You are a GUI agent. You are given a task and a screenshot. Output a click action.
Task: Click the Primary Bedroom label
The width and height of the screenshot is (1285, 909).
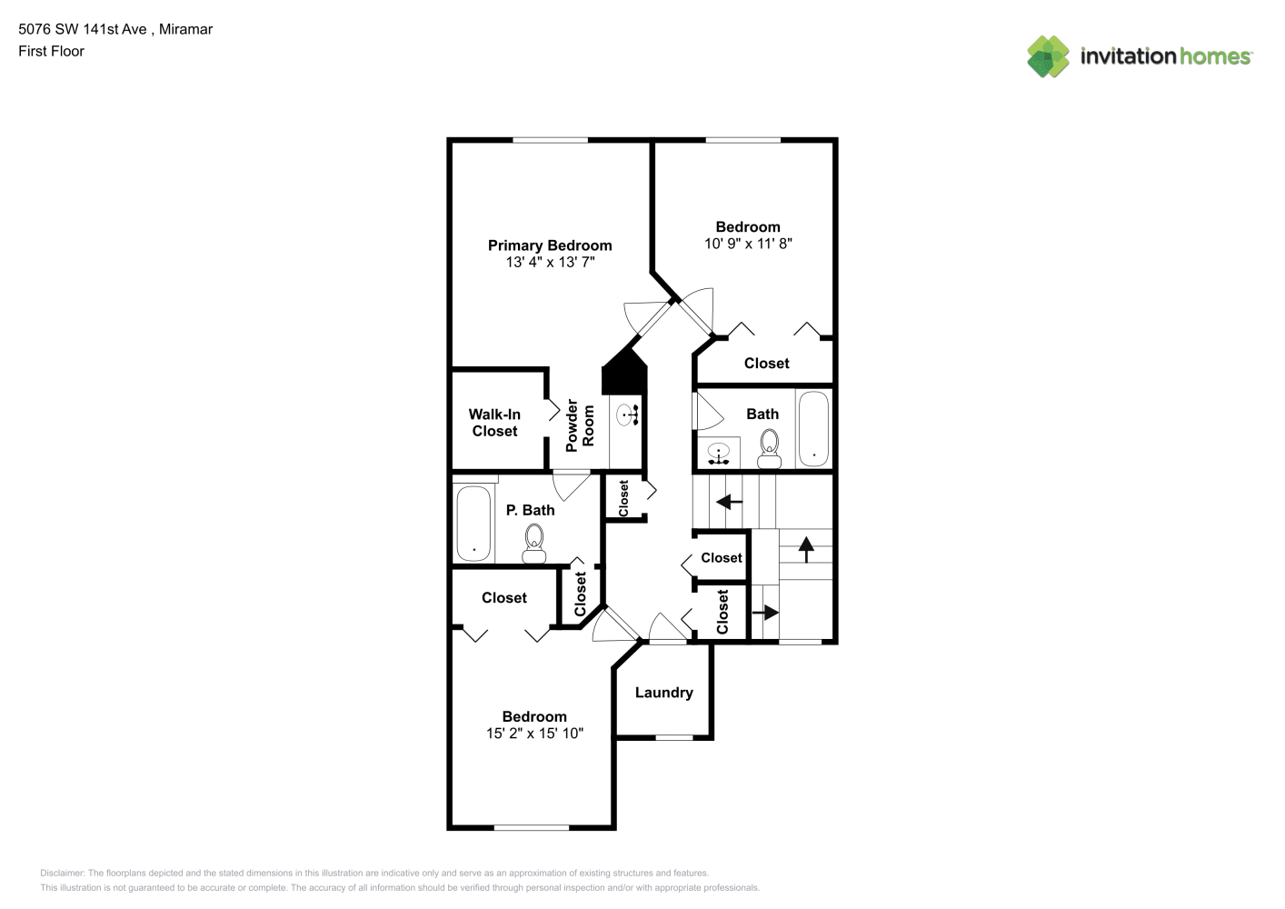pos(550,245)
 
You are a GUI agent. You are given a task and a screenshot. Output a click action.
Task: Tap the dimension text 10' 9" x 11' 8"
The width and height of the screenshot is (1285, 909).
pos(748,244)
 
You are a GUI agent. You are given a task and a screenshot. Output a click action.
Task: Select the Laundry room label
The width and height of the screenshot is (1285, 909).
pos(663,693)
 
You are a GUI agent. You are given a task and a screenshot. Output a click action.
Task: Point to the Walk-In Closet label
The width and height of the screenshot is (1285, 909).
pos(494,423)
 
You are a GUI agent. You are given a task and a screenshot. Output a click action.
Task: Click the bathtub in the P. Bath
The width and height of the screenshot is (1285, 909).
pos(473,524)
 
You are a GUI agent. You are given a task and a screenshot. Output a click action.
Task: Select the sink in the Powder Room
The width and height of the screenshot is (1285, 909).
pos(628,415)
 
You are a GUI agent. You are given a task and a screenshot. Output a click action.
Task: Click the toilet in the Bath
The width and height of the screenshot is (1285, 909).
pos(770,449)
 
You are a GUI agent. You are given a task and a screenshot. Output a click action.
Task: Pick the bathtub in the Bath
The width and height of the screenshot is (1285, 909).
pos(813,428)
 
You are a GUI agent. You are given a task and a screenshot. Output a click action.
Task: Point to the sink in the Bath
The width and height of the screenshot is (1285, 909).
pos(718,454)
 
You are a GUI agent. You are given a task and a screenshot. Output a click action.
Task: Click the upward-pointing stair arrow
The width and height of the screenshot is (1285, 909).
pos(806,549)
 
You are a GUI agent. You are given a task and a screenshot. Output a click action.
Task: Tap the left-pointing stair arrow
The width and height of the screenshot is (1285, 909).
pos(729,502)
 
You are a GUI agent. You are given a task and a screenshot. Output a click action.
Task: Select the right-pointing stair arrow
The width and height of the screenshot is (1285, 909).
pos(765,613)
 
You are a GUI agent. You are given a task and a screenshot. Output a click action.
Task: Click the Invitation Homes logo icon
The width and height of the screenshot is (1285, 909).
pos(1048,56)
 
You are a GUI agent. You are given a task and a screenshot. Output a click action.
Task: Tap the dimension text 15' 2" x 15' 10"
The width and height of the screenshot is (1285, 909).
pos(534,733)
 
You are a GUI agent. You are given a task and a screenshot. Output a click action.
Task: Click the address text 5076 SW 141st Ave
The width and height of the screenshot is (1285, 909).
pos(82,29)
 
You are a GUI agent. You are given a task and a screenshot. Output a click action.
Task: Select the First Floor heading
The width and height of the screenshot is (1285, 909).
pos(51,51)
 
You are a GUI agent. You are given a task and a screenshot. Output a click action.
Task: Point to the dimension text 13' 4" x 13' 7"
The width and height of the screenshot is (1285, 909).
pos(550,263)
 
